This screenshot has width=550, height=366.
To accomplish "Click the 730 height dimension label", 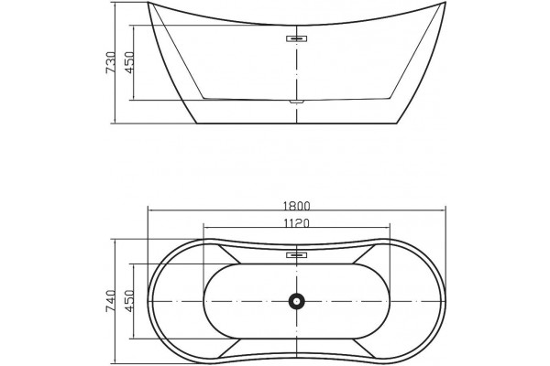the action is click(x=111, y=63).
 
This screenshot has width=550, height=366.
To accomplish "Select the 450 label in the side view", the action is click(x=129, y=63).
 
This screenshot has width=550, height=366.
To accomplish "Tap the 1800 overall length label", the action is click(x=297, y=206).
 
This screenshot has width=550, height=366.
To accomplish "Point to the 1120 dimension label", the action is click(x=297, y=223).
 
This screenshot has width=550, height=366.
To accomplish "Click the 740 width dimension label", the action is click(x=111, y=301).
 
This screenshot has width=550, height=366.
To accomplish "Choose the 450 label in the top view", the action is click(x=129, y=301).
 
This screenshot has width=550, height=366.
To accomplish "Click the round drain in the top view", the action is click(x=297, y=301).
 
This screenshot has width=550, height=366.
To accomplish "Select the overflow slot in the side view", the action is click(x=297, y=38).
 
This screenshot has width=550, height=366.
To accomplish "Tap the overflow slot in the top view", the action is click(x=297, y=255).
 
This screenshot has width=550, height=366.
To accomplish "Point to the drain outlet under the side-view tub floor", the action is click(x=297, y=102).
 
